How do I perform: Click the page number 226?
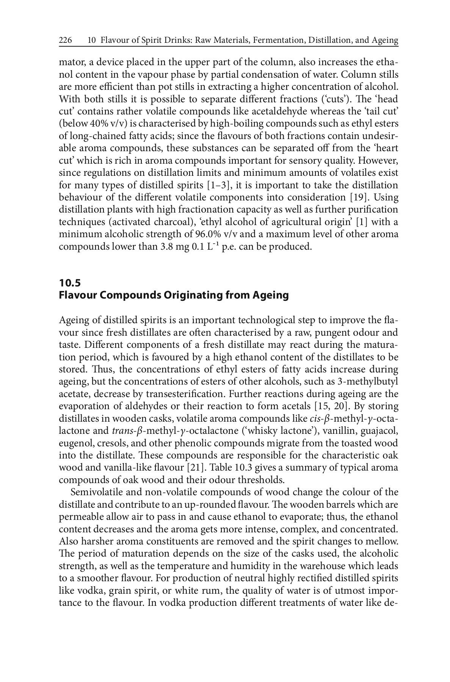pyautogui.click(x=66, y=40)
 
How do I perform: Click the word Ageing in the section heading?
pyautogui.click(x=270, y=295)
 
